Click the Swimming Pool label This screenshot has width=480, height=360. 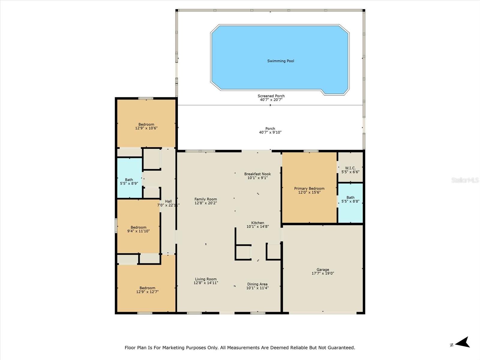(x=280, y=61)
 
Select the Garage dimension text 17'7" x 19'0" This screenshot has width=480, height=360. (x=323, y=273)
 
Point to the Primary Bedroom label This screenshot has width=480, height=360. (x=309, y=188)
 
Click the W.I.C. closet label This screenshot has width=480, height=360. (x=350, y=168)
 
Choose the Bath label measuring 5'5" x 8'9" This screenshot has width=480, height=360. (x=129, y=180)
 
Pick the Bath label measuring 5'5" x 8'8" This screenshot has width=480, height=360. (x=350, y=197)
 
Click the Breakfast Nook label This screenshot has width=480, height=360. (x=258, y=174)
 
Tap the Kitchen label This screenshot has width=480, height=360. (x=258, y=223)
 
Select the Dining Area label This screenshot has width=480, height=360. (x=257, y=284)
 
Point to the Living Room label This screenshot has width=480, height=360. (x=206, y=279)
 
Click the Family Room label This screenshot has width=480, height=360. (x=206, y=199)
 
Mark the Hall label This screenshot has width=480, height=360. (x=168, y=201)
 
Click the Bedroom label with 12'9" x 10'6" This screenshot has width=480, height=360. (x=146, y=124)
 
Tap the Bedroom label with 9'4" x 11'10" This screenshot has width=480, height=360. (x=138, y=227)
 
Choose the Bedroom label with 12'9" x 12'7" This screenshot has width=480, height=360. (x=147, y=288)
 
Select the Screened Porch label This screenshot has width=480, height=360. (x=271, y=96)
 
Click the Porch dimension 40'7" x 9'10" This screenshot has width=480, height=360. (x=270, y=132)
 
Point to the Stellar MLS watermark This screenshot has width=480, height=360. (x=465, y=180)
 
